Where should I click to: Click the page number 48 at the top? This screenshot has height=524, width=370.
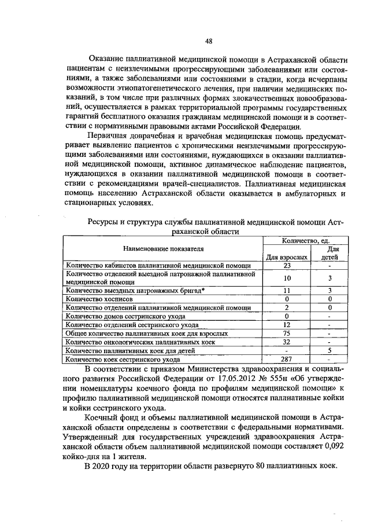point(209,41)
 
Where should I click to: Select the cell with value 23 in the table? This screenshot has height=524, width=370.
point(287,266)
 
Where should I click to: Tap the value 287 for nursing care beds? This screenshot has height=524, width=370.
point(287,360)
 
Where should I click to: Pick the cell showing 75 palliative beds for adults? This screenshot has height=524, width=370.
point(287,334)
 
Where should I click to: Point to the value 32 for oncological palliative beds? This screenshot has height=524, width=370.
point(287,342)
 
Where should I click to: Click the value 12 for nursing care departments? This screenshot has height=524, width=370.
point(287,325)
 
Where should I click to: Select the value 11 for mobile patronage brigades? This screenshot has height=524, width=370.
point(287,290)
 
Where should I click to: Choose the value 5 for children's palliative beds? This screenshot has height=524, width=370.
point(329,351)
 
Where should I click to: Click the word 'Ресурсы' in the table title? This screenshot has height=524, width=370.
point(102,222)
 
